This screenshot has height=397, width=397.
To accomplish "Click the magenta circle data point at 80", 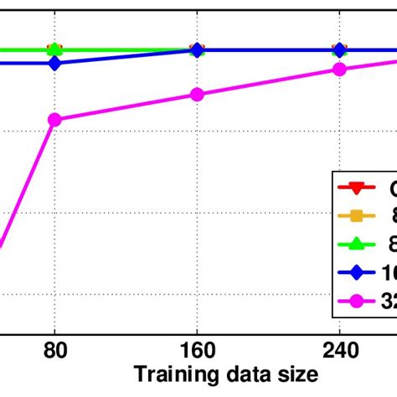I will pyautogui.click(x=55, y=120).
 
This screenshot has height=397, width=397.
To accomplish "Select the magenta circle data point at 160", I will pyautogui.click(x=197, y=95).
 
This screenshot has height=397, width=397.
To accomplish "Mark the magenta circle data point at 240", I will pyautogui.click(x=339, y=69).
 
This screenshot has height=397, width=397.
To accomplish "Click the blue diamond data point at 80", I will pyautogui.click(x=55, y=63).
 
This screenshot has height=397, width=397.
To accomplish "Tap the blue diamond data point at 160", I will pyautogui.click(x=197, y=50).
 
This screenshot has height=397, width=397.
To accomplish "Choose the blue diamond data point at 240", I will pyautogui.click(x=339, y=50).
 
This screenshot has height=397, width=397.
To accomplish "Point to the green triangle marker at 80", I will pyautogui.click(x=55, y=50).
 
